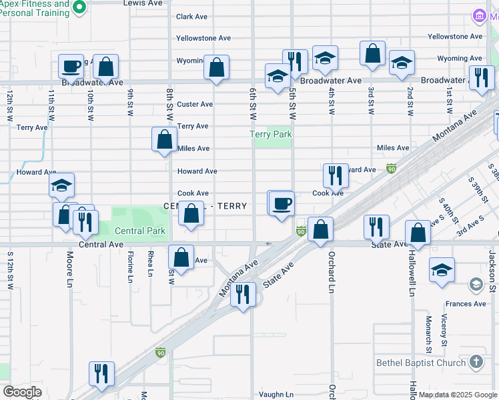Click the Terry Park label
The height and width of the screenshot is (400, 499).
271,134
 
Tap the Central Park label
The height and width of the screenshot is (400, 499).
139,231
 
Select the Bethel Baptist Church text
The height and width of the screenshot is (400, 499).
420,363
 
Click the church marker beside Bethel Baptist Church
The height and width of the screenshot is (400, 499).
476,361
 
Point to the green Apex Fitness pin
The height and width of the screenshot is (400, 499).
79,7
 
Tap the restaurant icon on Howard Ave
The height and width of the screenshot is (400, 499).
336,175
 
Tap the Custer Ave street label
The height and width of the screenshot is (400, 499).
195,104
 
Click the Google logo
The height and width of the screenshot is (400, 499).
23,391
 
